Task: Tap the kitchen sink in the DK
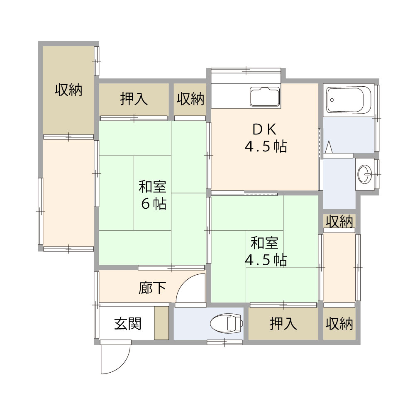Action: (x=265, y=97)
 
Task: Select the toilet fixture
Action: (x=226, y=322)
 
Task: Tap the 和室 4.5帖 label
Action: (x=266, y=251)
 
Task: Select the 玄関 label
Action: (x=128, y=323)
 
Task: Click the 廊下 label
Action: (x=152, y=288)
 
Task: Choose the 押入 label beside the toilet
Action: (x=283, y=323)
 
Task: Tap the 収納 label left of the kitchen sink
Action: (x=190, y=99)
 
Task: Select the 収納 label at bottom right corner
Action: (x=339, y=323)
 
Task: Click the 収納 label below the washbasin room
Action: (x=339, y=222)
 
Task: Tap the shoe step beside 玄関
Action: (x=161, y=323)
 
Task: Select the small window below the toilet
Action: (x=225, y=342)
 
